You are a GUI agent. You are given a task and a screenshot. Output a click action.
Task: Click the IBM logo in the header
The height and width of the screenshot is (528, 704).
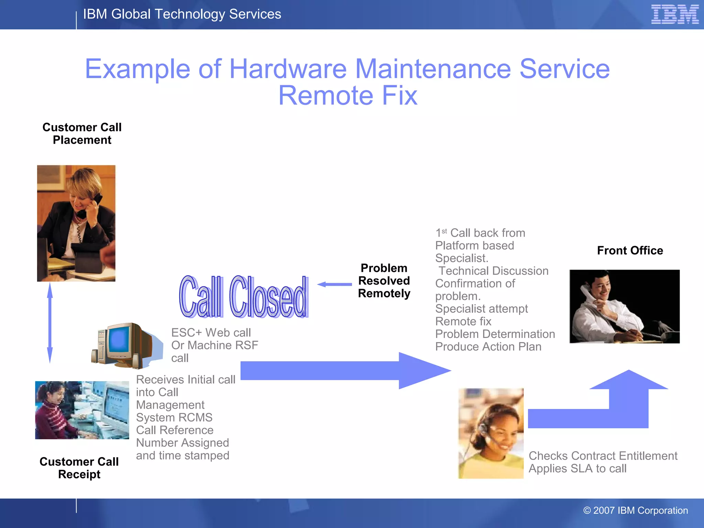tap(675, 14)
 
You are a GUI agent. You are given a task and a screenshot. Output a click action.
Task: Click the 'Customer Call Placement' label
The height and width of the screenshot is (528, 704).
tap(82, 134)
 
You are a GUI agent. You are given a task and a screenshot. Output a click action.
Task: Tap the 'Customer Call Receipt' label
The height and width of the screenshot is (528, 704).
tap(79, 468)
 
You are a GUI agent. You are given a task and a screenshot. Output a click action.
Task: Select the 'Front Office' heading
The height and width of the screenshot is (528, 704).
tap(630, 250)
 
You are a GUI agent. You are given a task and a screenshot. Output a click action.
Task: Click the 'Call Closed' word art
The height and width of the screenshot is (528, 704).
tap(243, 297)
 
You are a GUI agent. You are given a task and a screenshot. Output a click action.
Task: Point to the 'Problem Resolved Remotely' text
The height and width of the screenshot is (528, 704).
tap(384, 281)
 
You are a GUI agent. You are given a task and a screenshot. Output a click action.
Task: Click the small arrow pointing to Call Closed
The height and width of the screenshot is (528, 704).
tap(334, 284)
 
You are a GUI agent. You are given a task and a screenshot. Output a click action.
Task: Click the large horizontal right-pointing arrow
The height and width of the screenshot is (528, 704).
tap(344, 371)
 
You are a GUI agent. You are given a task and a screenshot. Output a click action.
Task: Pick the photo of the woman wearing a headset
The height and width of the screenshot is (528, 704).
tap(491, 433)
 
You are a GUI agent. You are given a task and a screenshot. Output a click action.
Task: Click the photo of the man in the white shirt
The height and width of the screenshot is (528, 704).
tap(624, 306)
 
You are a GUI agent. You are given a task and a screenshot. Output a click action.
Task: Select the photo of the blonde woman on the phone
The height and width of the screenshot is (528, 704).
tap(76, 223)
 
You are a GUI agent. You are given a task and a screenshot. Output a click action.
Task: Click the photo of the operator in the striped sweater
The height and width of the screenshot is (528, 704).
tap(82, 410)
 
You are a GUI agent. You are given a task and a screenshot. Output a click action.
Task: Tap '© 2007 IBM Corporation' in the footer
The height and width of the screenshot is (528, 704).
tap(636, 510)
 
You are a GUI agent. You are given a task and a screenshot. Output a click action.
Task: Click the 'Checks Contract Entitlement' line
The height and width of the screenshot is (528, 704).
tap(603, 456)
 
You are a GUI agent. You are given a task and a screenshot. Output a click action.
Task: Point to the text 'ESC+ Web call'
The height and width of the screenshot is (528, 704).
tap(211, 332)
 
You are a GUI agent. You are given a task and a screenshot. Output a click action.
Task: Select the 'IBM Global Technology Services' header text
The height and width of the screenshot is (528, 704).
tap(182, 14)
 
